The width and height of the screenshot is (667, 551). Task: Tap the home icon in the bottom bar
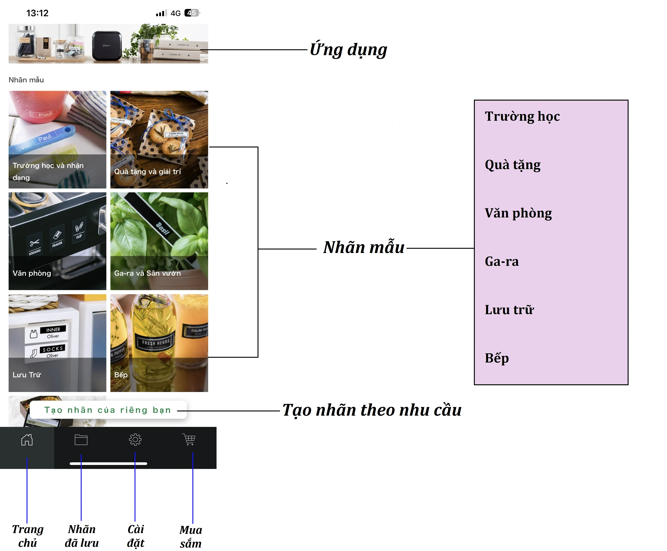point(27,440)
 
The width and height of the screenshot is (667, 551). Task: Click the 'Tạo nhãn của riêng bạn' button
point(108,410)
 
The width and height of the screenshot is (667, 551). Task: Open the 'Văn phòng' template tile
point(57,241)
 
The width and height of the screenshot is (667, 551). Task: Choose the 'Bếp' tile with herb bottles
point(159,343)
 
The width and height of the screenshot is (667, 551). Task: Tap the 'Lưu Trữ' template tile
point(57,343)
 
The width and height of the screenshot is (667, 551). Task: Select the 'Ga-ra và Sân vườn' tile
point(159,241)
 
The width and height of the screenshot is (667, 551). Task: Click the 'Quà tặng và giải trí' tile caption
point(148,172)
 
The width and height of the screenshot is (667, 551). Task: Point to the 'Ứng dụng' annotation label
point(348,50)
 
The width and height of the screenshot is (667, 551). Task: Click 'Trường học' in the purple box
point(522,117)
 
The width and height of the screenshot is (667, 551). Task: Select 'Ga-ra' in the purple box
point(502,262)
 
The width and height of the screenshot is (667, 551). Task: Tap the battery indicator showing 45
point(192,13)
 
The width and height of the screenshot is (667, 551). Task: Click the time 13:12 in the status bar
point(37,13)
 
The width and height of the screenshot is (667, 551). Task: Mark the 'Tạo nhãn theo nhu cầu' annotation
point(372,410)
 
